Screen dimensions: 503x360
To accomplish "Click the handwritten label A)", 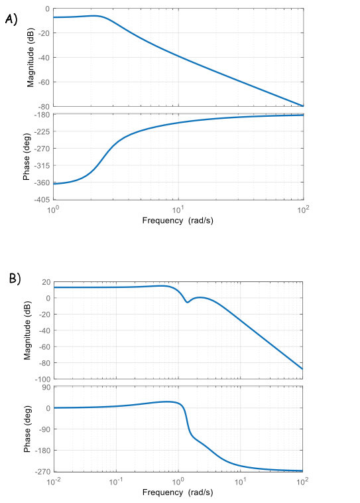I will coord(11,19).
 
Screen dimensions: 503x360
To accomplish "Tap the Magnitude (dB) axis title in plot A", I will coord(30,58).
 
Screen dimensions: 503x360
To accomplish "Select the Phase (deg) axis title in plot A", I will coord(27,158).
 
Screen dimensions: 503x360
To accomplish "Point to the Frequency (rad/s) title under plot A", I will coord(178,220).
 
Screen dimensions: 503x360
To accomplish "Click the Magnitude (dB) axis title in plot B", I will coord(28,330).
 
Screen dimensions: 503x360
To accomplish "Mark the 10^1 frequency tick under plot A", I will coord(178,210).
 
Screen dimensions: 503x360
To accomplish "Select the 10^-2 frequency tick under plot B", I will coord(54,480).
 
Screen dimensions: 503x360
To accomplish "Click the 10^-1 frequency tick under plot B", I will coord(116,480).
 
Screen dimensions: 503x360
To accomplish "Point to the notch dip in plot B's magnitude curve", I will coord(188,303).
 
